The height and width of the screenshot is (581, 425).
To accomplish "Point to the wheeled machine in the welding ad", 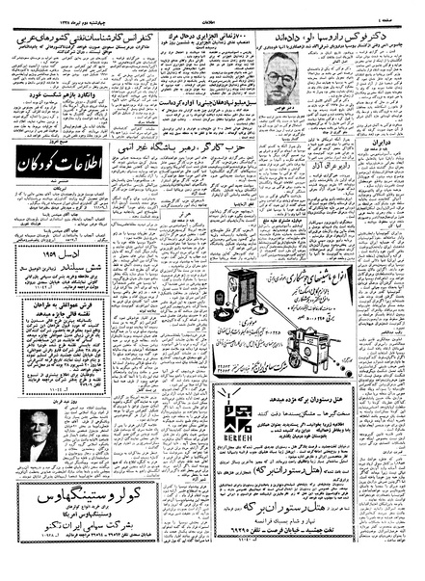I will click(x=332, y=345).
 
